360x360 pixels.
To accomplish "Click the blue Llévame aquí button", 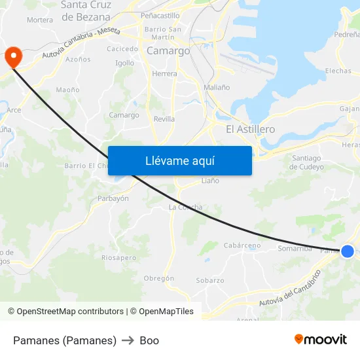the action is pos(179,160).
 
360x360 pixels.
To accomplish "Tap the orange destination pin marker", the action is pos(13,57).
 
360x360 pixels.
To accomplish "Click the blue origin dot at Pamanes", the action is pos(348,251).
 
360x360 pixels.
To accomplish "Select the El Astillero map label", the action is pos(250,130).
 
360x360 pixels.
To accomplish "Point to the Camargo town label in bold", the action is pos(168,50).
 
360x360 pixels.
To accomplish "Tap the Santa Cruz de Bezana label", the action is pos(86,11).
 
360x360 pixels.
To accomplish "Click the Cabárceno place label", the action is pos(242,245).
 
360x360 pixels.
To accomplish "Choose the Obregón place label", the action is pos(159,278).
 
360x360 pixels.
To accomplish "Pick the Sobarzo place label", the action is pos(210,280).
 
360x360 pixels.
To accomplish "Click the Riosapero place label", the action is pos(118,258).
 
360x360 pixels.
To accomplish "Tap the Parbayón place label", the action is pos(113,198).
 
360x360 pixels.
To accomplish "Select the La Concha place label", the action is pos(185,207).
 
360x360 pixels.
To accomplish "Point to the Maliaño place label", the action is pos(217,87).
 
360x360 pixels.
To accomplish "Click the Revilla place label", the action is pos(164,119).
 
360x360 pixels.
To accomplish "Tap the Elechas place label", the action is pos(338,71).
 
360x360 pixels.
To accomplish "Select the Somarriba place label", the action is pos(295,248).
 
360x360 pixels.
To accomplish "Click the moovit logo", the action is pos(321,339).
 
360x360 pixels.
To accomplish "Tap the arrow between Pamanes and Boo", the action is pos(128,340).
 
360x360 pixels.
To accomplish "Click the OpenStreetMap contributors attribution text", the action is pos(65,312).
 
